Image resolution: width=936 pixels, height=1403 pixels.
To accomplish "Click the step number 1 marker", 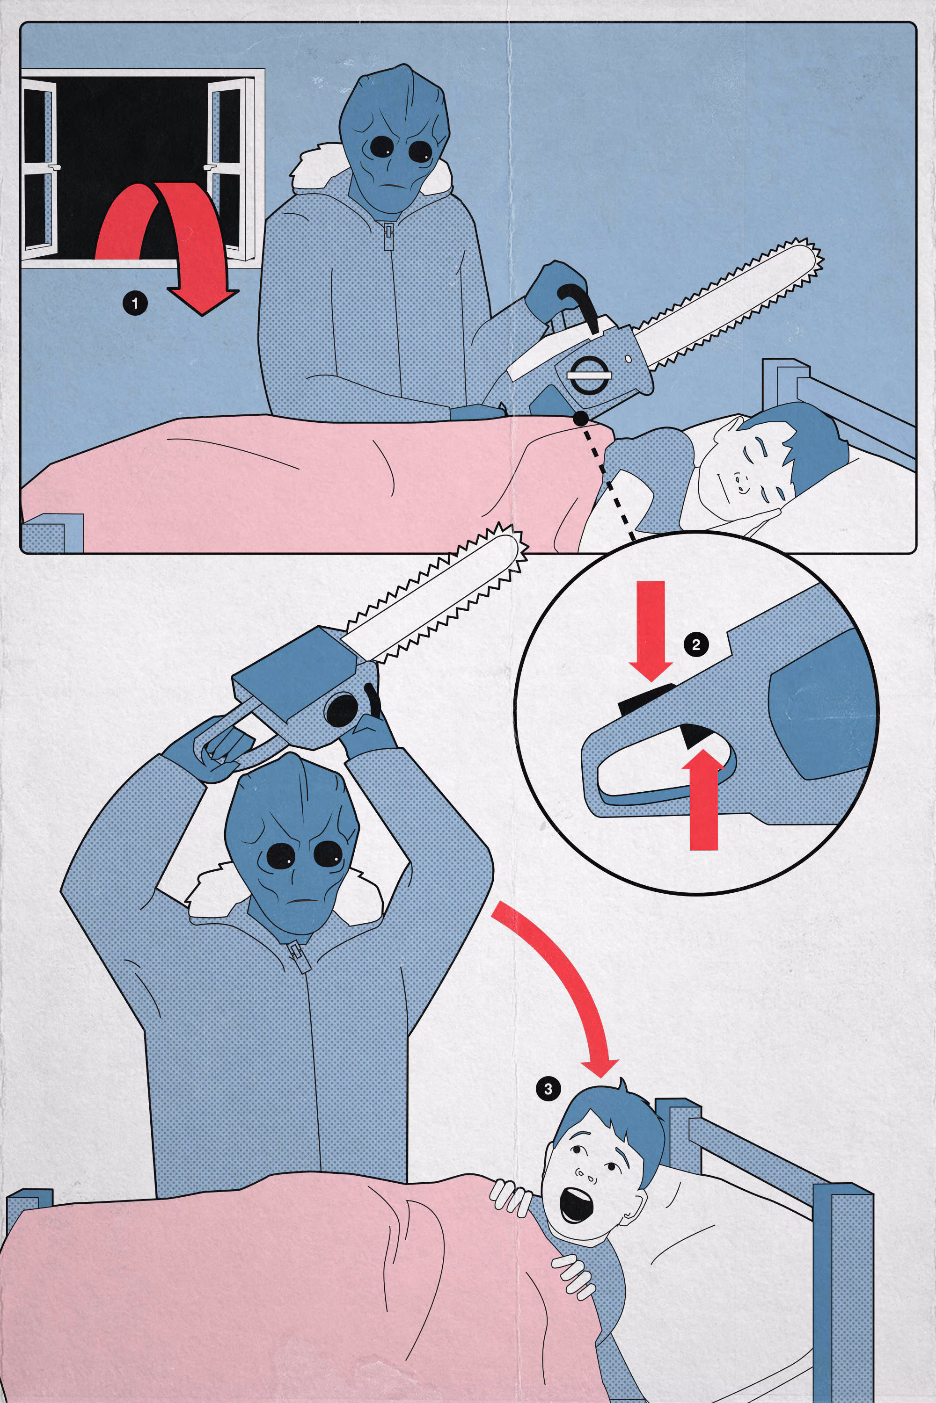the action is tap(134, 303).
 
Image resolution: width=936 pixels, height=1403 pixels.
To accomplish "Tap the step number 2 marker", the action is tap(695, 644).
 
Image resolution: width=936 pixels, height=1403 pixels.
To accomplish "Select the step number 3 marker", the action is tap(548, 1089).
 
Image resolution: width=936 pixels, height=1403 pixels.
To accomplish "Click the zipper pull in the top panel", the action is tap(388, 234).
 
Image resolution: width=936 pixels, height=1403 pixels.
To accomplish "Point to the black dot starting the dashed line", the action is tap(578, 420).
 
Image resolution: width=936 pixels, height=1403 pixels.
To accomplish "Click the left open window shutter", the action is tap(39, 168).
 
